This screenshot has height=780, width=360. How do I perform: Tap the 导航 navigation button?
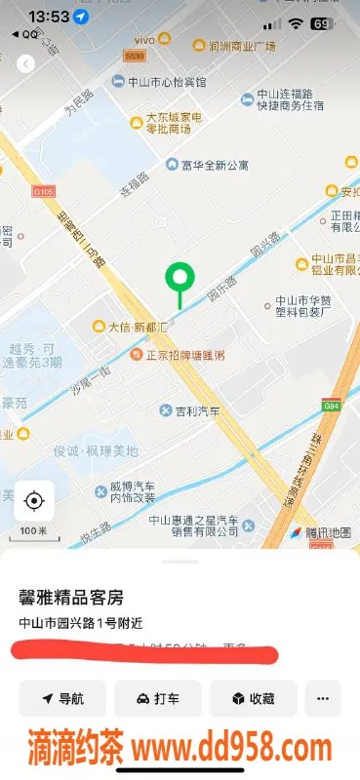click(x=62, y=698)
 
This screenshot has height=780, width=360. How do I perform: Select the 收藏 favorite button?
click(x=253, y=698)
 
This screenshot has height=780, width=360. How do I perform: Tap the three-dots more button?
click(x=322, y=698)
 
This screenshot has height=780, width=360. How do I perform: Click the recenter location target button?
click(x=34, y=501)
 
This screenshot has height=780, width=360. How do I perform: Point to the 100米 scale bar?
click(x=34, y=531)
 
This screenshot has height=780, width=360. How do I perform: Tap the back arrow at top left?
click(x=26, y=63)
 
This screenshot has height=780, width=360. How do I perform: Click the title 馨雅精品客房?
click(x=71, y=596)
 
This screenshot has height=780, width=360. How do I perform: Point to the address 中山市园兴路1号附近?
click(x=79, y=623)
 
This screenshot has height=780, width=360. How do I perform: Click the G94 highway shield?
click(x=332, y=405)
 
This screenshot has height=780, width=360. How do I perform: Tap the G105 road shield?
click(x=43, y=192)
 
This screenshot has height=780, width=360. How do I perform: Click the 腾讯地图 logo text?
click(x=327, y=532)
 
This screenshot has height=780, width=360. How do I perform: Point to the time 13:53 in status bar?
click(x=49, y=17)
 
